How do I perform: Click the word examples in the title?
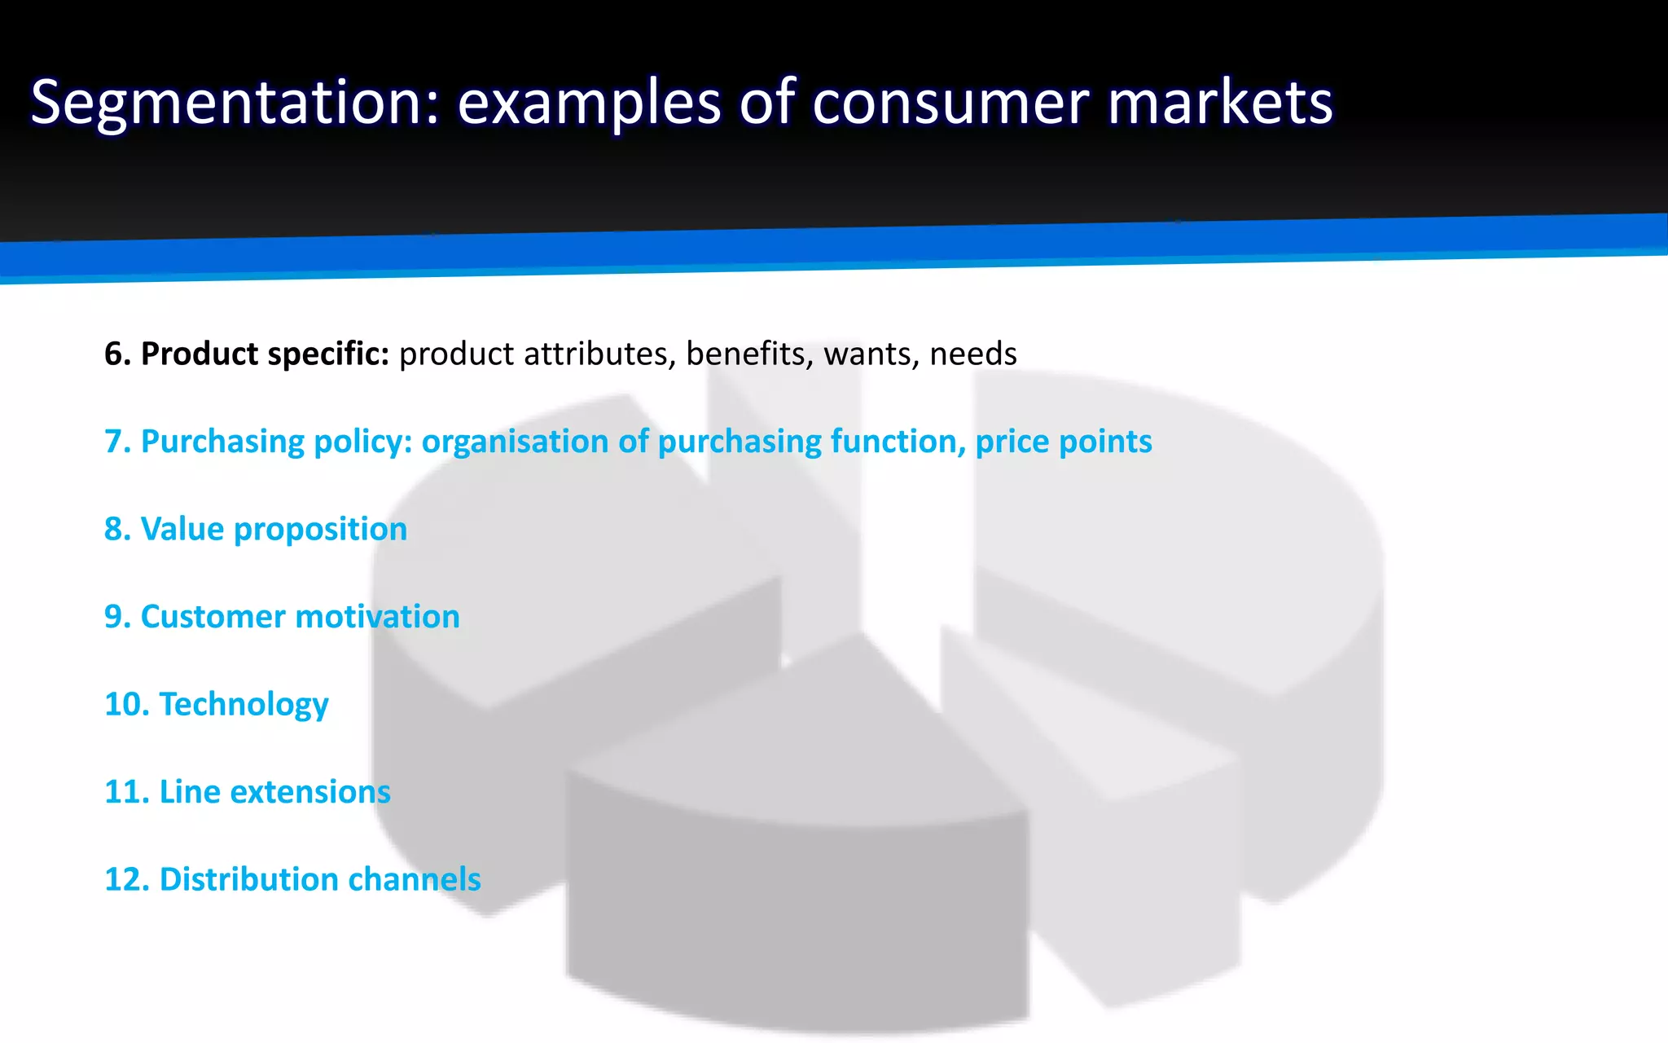click(x=589, y=103)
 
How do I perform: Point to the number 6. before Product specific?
click(x=118, y=354)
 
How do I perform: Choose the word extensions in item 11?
click(x=302, y=792)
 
